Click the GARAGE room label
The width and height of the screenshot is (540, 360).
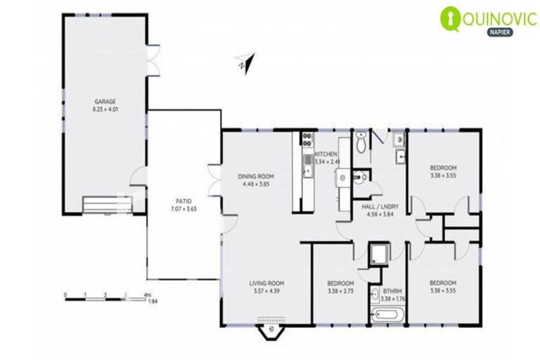point(105,101)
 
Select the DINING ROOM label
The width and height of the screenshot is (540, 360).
point(255,176)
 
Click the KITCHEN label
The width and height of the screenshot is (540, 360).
point(326,154)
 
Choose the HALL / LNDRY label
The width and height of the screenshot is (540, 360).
point(380,207)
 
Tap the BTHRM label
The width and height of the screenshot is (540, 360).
point(391,290)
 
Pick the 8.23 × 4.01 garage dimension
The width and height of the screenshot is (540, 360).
point(105,110)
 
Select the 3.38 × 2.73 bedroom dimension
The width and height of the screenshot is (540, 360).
point(340,292)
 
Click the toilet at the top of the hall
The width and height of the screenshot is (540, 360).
point(361,143)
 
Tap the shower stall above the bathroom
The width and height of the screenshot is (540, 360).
point(378,253)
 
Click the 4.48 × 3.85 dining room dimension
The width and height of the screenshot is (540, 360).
point(255,184)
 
